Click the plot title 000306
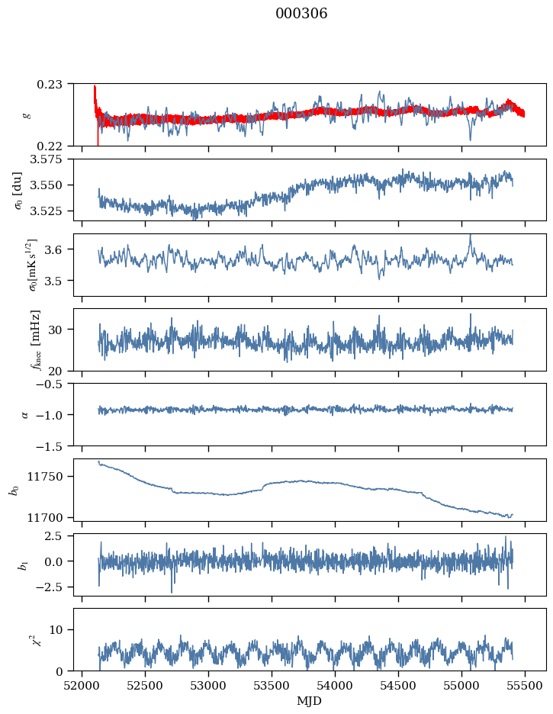[x=301, y=14]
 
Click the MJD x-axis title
[x=310, y=701]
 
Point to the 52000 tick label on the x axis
[x=82, y=685]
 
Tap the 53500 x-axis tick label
[x=272, y=685]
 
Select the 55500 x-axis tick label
[x=525, y=685]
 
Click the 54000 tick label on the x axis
[x=336, y=685]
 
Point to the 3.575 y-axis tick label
[x=52, y=159]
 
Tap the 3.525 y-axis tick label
[x=52, y=211]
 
